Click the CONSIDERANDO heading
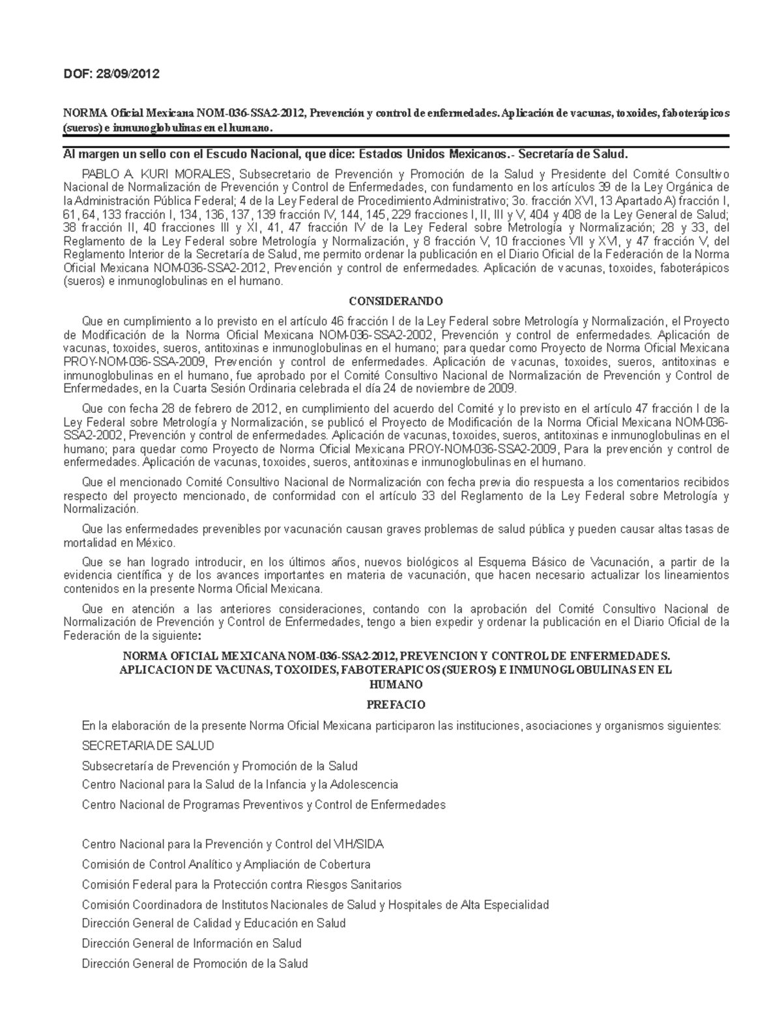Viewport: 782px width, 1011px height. (396, 301)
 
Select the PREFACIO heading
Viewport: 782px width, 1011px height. (396, 704)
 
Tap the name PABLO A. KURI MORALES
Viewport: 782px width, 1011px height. (156, 174)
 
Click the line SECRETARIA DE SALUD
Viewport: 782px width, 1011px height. (148, 745)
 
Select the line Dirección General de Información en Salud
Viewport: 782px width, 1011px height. (192, 943)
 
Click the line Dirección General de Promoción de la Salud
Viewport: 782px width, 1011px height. (195, 963)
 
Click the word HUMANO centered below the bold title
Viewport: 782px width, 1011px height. (396, 684)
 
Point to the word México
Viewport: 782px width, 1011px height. (156, 542)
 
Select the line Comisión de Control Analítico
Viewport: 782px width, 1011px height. (226, 865)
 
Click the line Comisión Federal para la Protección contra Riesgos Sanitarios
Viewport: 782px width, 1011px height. (242, 885)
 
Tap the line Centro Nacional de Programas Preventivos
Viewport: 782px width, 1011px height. (263, 805)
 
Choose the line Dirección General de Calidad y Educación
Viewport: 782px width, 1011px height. (214, 923)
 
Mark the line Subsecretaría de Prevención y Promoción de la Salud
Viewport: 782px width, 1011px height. (220, 766)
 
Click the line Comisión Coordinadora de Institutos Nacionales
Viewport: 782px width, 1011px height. (315, 904)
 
